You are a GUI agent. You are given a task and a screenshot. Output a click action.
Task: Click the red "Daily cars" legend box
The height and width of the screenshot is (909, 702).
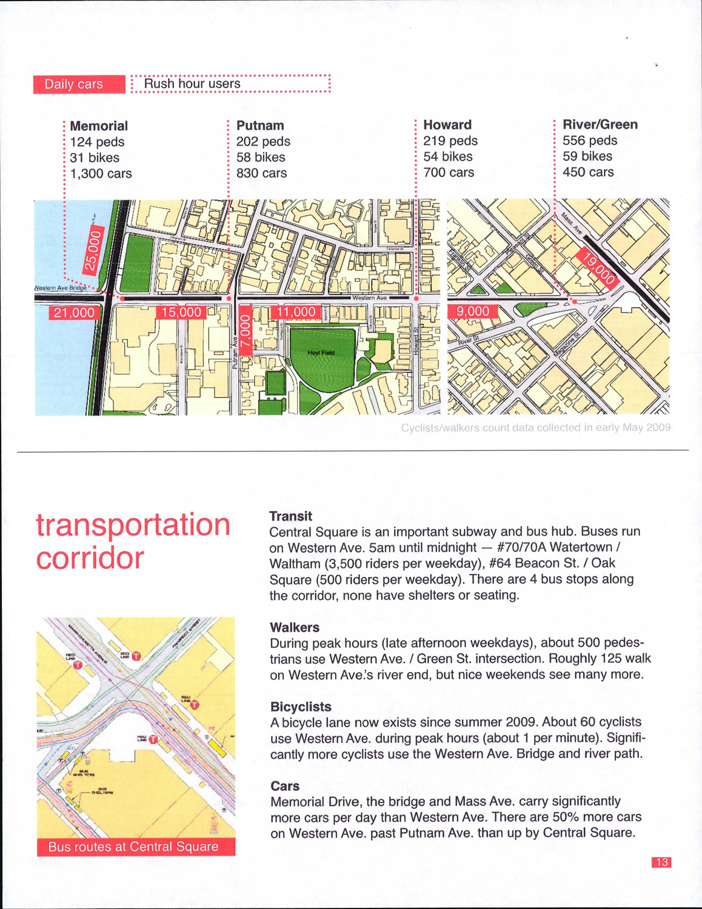(79, 84)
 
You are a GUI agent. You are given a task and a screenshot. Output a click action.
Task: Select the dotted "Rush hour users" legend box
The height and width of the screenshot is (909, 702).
(230, 84)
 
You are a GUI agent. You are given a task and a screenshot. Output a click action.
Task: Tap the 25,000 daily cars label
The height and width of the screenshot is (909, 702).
(95, 249)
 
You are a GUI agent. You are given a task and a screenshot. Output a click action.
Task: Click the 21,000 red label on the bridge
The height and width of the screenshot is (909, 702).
(75, 313)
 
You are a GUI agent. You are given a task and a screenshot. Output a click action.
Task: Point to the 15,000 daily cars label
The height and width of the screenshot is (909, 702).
(181, 313)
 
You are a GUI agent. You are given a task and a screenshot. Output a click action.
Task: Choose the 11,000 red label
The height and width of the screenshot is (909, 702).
(296, 312)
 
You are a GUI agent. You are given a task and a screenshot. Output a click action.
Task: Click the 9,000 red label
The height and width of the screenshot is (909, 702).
(473, 311)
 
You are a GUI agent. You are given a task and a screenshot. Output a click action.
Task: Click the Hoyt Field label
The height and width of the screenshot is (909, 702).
(321, 353)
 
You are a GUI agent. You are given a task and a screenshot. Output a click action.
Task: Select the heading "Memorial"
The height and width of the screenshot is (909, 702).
(99, 126)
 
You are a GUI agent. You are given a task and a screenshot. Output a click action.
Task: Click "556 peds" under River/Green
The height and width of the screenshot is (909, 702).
(590, 141)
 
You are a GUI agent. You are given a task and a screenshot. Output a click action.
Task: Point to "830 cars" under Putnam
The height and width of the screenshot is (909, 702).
(261, 173)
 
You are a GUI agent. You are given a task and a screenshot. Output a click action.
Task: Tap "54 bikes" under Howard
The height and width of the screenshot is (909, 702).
(448, 156)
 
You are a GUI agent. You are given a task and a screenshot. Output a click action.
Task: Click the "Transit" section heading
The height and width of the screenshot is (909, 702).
(291, 516)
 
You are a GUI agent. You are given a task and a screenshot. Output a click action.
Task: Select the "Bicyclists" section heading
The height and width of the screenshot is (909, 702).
(301, 707)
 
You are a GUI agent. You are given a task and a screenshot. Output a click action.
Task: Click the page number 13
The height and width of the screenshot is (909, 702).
(661, 862)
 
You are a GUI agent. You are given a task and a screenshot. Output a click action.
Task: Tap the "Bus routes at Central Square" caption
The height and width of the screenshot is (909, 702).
(133, 847)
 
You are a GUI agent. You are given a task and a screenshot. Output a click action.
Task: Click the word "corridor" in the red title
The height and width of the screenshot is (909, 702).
(90, 558)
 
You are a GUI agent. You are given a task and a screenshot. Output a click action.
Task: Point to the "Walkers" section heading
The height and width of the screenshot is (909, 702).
(295, 627)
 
